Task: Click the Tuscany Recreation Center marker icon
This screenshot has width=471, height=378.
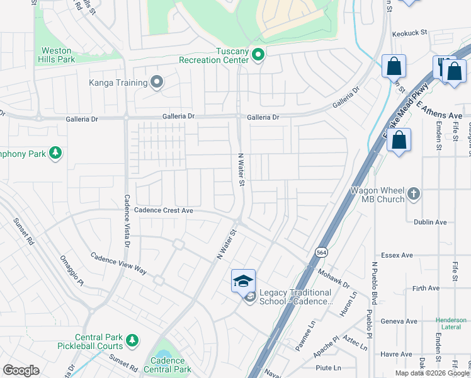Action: [x=258, y=55]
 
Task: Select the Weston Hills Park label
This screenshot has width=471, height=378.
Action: [x=59, y=55]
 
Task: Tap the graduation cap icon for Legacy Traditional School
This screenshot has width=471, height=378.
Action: [x=243, y=280]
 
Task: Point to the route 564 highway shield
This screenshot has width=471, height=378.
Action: [x=321, y=251]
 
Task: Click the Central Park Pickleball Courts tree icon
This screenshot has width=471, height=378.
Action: [x=132, y=341]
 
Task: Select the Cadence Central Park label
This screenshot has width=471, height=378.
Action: [x=167, y=365]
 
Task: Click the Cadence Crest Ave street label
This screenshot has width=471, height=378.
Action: [x=164, y=210]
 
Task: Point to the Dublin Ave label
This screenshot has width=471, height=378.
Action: [x=430, y=222]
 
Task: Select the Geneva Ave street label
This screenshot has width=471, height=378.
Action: [x=402, y=321]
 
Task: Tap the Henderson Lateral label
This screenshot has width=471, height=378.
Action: [x=451, y=323]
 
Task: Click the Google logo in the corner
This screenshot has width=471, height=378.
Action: [x=21, y=370]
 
